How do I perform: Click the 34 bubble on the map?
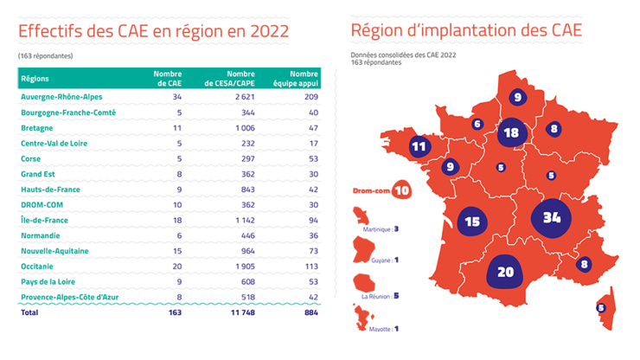coord(551,217)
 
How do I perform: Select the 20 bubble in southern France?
coord(506,273)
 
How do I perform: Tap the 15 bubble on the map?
coord(472,222)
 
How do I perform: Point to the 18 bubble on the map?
coord(511,132)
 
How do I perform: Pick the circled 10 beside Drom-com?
coord(401,190)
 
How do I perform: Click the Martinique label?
coord(383,229)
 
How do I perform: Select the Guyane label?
coord(381,259)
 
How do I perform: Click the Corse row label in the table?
coord(32,158)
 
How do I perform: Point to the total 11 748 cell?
coord(244,314)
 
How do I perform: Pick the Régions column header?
coord(35,79)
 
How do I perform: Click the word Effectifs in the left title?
coord(51,31)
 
